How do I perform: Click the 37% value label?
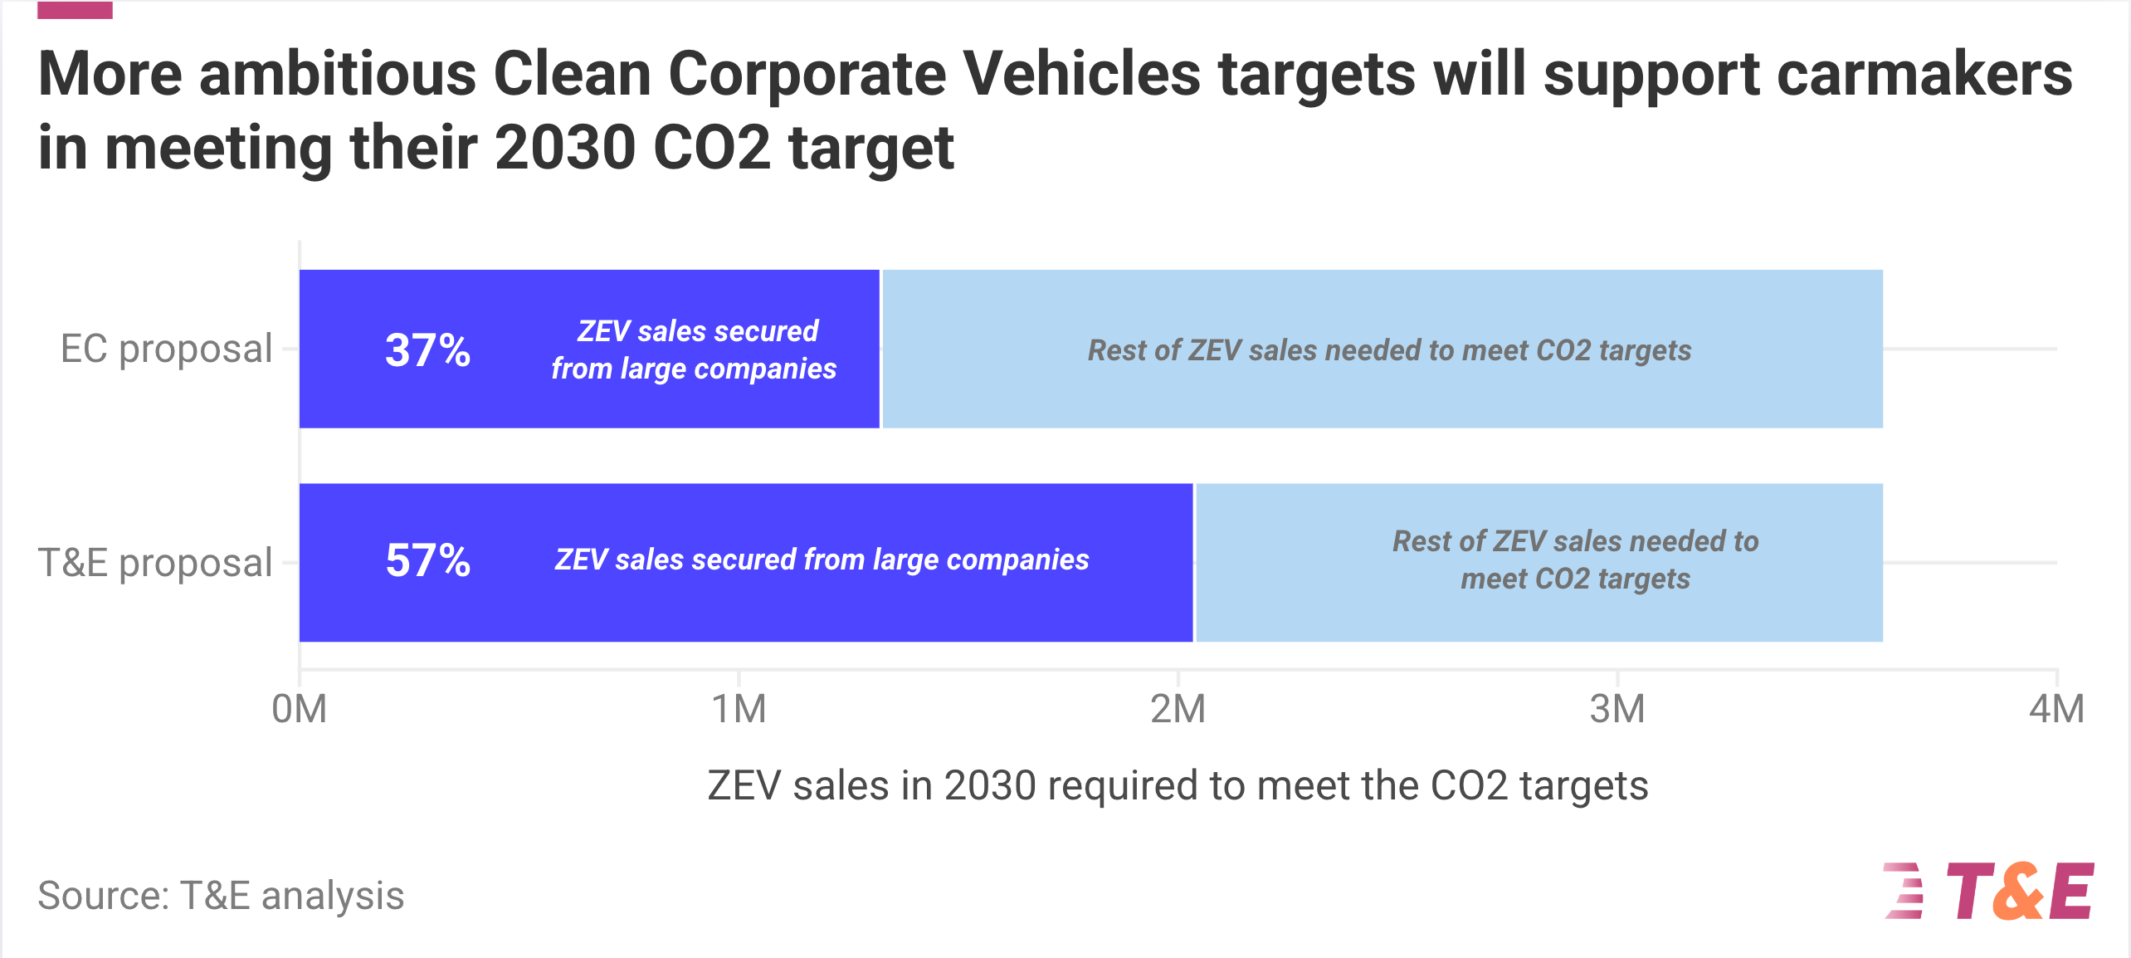427,349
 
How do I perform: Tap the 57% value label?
427,560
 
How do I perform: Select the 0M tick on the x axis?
300,709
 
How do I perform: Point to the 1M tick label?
739,709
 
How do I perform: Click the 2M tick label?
1178,709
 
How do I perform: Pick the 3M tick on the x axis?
1617,709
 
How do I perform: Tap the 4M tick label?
2055,709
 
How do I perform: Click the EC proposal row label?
166,349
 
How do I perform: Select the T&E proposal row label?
155,563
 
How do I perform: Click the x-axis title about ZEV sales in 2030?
1178,785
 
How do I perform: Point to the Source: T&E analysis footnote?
221,896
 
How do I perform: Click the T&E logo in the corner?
1989,891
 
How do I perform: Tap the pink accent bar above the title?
75,10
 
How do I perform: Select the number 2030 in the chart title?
564,148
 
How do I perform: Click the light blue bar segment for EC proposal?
1382,398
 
